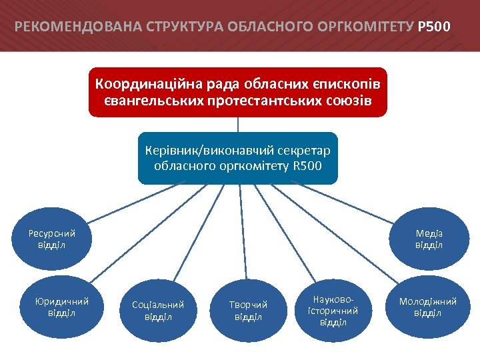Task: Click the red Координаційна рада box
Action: [238, 92]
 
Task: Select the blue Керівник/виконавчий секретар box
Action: [238, 157]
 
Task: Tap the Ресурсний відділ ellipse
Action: [51, 239]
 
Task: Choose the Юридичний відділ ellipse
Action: [61, 307]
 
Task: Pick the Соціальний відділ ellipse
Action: [158, 310]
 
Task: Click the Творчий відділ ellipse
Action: [248, 310]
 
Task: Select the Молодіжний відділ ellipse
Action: [427, 307]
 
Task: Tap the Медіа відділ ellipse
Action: [429, 239]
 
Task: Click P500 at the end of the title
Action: [434, 27]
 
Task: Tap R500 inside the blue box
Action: [307, 165]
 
